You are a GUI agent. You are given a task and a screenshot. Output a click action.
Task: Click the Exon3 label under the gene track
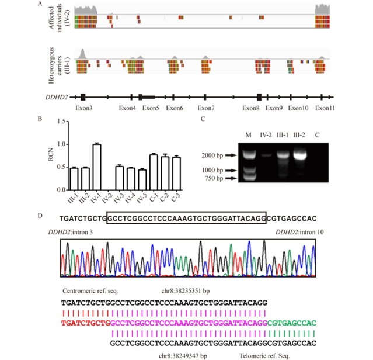click(84, 108)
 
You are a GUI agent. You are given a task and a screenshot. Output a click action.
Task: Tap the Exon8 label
click(252, 108)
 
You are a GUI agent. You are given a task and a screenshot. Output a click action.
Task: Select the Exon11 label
click(325, 108)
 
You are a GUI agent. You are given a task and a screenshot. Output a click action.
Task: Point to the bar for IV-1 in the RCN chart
click(97, 167)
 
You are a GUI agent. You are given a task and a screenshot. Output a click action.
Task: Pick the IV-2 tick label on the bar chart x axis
click(107, 199)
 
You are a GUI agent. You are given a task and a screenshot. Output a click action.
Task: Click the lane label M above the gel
click(248, 136)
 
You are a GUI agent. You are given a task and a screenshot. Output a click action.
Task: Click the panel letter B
click(40, 119)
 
